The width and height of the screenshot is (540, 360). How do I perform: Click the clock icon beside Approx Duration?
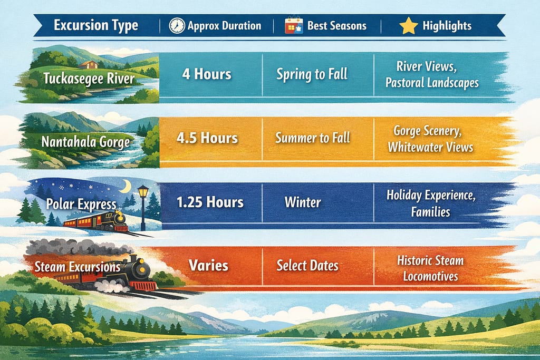pyautogui.click(x=177, y=26)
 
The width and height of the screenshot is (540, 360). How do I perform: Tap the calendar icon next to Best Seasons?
pyautogui.click(x=294, y=25)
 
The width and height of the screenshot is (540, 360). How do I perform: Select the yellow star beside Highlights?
pyautogui.click(x=409, y=26)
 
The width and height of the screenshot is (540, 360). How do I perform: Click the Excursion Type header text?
pyautogui.click(x=96, y=25)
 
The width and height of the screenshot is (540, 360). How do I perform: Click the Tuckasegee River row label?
pyautogui.click(x=89, y=79)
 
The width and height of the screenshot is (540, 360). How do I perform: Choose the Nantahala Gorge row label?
pyautogui.click(x=86, y=142)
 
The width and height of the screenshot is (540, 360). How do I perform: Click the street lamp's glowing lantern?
pyautogui.click(x=143, y=192)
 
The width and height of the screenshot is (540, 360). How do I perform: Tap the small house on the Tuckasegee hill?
pyautogui.click(x=89, y=64)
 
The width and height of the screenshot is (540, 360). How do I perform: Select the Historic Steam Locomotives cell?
pyautogui.click(x=430, y=268)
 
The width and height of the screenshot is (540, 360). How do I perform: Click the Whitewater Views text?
pyautogui.click(x=430, y=147)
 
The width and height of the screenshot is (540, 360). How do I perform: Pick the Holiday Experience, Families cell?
pyautogui.click(x=431, y=203)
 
